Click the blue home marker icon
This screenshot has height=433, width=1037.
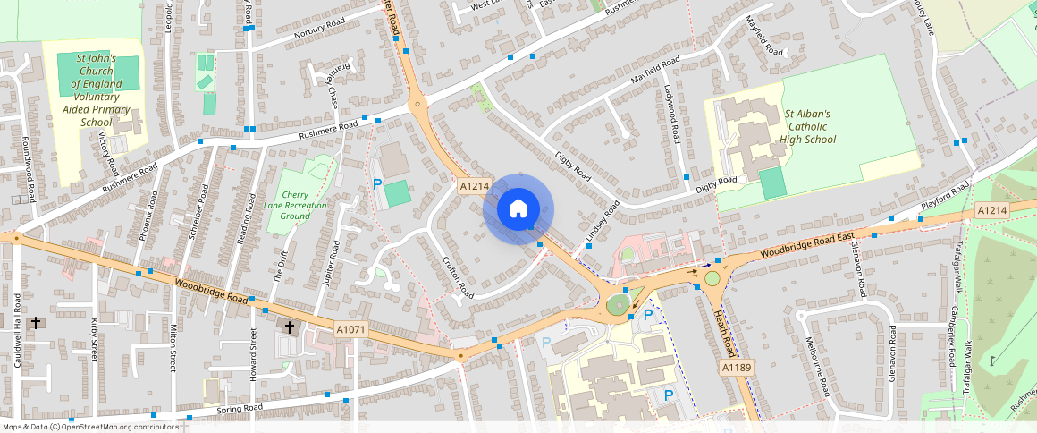point(518,209)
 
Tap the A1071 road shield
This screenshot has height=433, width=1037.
point(351,330)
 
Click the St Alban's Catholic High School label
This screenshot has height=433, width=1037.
point(806,126)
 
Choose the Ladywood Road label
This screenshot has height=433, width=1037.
point(674,108)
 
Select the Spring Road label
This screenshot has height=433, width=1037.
point(240,408)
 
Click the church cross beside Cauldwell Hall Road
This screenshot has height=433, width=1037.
point(37,322)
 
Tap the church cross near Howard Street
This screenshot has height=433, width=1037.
point(289,328)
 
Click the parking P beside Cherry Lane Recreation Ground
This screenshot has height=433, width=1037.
point(377,183)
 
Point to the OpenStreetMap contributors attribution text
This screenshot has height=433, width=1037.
point(89,427)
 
